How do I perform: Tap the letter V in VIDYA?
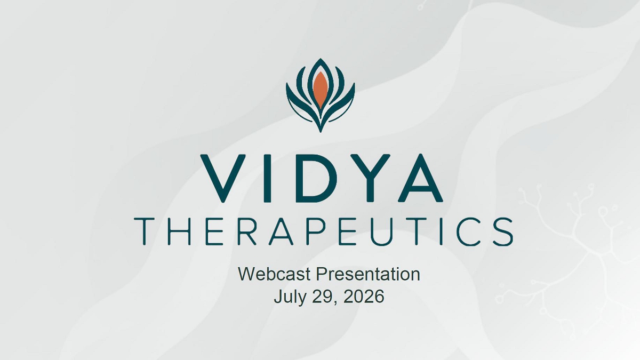point(223,179)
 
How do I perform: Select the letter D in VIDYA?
point(313,178)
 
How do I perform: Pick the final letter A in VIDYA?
point(420,178)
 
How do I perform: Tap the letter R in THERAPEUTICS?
point(246,231)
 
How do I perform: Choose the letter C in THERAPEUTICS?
point(468,231)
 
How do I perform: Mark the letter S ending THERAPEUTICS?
point(503,231)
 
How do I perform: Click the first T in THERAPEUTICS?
point(145,231)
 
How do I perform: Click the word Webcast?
point(274,274)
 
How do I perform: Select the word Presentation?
point(368,274)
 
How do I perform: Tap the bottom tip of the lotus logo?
point(321,132)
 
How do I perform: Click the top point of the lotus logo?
point(321,59)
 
